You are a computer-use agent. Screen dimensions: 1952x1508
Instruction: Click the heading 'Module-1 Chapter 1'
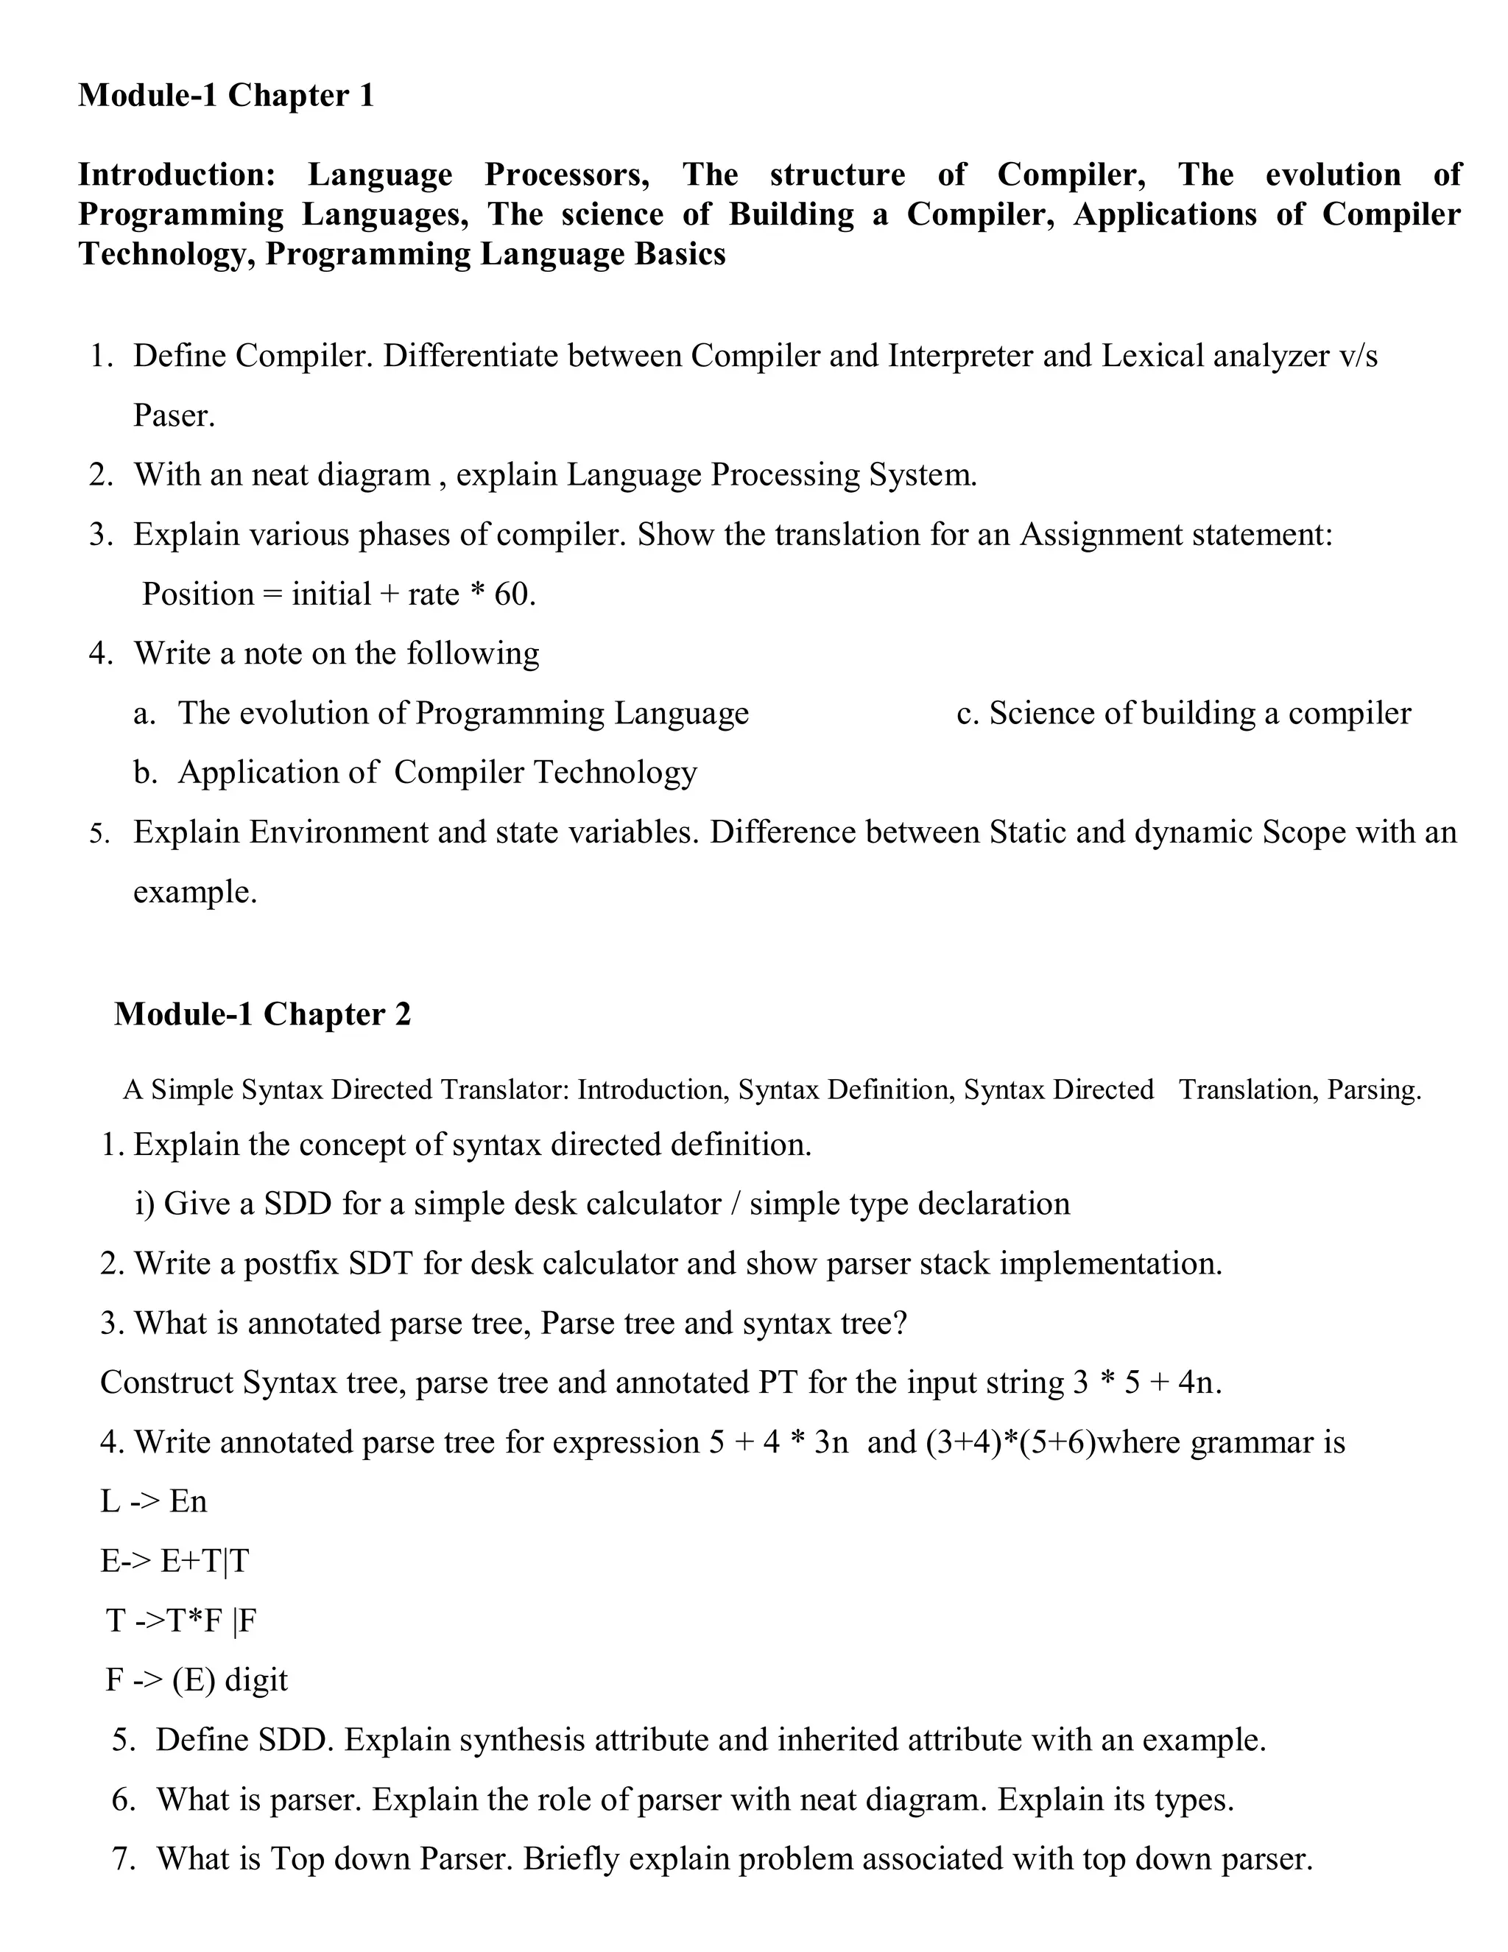226,96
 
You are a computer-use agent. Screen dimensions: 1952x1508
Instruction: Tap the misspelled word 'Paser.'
175,415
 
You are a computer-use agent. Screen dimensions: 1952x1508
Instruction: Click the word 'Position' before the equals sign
198,594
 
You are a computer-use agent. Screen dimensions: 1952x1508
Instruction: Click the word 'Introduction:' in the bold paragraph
177,175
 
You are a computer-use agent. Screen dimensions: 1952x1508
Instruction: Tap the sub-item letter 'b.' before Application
146,772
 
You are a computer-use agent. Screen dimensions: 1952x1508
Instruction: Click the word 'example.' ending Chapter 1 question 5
194,892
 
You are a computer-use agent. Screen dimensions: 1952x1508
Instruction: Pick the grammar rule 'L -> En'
154,1500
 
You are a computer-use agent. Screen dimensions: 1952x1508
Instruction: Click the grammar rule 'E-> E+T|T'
175,1561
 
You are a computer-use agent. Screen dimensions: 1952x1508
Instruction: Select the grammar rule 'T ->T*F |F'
181,1620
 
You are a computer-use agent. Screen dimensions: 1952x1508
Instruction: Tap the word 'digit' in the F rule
256,1679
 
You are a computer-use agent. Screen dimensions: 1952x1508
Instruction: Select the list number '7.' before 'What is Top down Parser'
124,1858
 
